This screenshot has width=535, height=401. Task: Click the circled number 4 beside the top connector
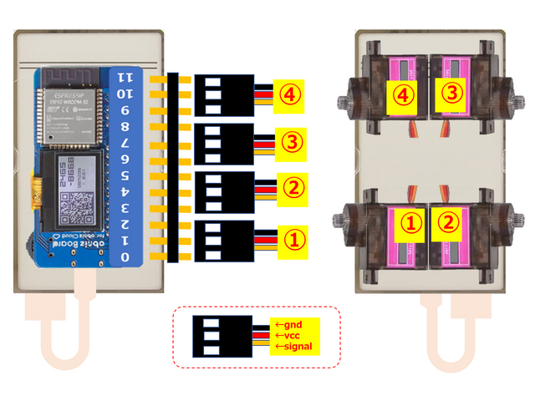click(290, 95)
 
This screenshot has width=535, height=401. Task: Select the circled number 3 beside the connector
click(290, 143)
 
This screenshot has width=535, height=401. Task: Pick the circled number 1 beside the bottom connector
click(290, 239)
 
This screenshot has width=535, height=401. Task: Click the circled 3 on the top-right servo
click(451, 94)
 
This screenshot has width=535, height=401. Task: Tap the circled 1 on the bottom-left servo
click(410, 222)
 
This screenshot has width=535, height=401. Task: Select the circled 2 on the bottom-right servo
click(451, 222)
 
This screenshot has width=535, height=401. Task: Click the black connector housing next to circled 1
click(223, 237)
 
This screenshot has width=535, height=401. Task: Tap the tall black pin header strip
click(172, 167)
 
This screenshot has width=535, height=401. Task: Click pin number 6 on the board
click(126, 159)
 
